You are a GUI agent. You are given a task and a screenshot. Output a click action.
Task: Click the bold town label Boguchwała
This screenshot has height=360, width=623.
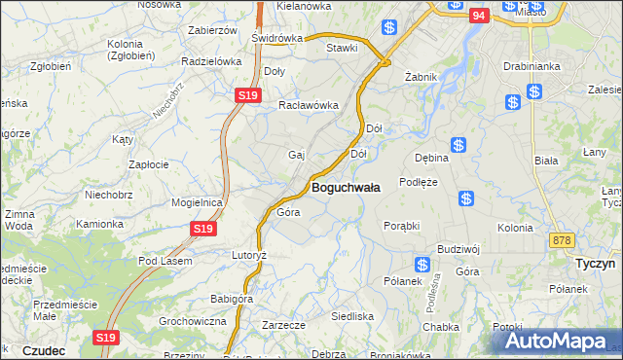[x=345, y=186]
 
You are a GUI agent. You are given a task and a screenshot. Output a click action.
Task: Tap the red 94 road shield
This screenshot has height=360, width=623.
[x=477, y=16]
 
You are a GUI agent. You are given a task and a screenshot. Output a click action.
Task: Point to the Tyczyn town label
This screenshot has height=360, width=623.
[x=591, y=263]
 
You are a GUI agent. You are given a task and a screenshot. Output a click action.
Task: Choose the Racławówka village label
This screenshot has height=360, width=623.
[x=308, y=106]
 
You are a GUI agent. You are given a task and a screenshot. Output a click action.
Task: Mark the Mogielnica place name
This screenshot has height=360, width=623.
[x=198, y=202]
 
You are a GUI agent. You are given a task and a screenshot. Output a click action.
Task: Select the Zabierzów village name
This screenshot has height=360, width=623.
[x=212, y=30]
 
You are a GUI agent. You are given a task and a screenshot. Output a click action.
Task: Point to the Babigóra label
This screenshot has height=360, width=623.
[x=232, y=299]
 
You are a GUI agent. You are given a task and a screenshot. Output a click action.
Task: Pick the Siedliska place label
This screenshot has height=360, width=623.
[x=352, y=316]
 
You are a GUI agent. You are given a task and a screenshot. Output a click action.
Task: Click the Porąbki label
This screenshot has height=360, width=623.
[x=401, y=225]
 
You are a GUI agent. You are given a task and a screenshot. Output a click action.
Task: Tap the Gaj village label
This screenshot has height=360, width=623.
[x=297, y=155]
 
